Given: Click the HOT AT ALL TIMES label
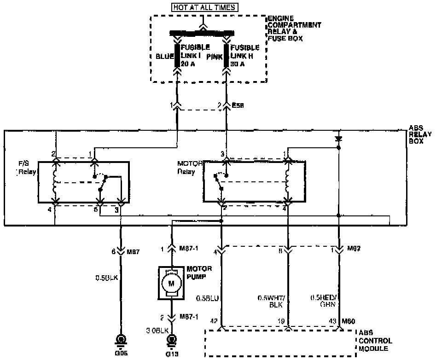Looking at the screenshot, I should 205,7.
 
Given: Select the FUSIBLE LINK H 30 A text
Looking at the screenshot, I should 244,56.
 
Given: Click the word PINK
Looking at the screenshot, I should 215,57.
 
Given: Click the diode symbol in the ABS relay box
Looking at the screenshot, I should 338,138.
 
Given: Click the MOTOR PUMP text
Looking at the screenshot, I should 199,272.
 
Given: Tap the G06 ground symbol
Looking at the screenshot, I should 121,341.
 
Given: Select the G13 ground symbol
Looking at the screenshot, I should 172,341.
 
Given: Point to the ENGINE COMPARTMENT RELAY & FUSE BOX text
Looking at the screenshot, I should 295,29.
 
